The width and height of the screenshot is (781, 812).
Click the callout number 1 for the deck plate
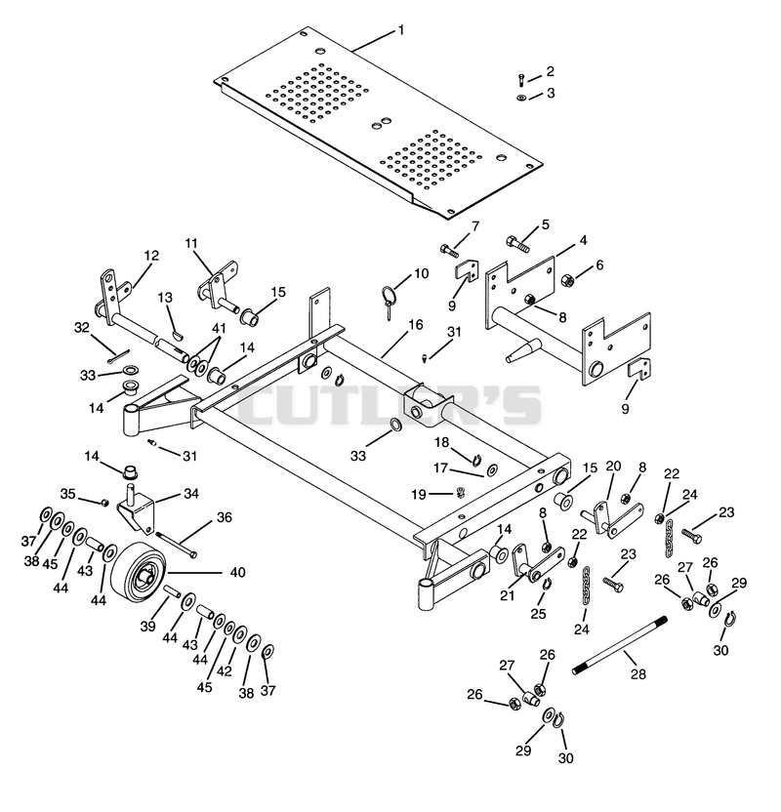400,30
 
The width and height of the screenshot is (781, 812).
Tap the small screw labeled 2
521,80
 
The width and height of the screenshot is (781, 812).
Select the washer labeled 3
521,98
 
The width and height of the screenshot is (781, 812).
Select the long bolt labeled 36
176,546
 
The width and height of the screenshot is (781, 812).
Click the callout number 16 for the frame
415,325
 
